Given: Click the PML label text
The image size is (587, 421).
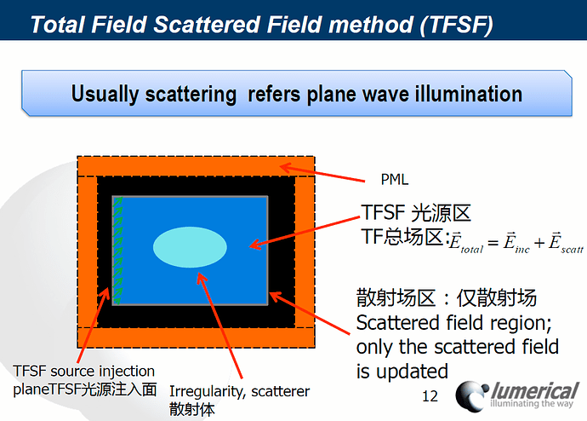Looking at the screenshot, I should pos(394,180).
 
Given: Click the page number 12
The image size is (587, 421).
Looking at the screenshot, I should pos(430,395).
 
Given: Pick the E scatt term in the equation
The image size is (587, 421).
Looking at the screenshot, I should pos(562,243).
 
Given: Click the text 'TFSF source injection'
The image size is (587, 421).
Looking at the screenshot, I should pos(84,371).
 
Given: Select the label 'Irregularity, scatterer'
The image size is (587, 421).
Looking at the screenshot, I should pos(239,391).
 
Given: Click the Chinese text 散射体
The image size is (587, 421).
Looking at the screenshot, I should pos(188,409).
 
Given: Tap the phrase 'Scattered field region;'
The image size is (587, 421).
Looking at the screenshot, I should pos(455,324).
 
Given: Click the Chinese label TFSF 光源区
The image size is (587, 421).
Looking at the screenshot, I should pos(416,212).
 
